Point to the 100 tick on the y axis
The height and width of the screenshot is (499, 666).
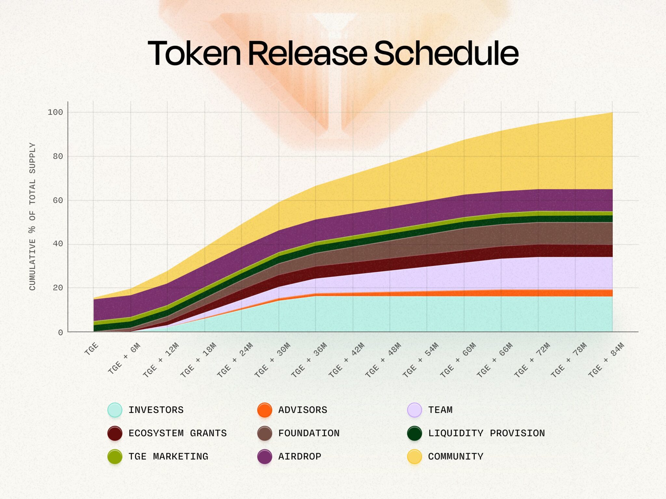(x=55, y=112)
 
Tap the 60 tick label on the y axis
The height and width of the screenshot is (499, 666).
(x=58, y=200)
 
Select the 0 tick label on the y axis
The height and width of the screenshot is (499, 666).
(x=60, y=333)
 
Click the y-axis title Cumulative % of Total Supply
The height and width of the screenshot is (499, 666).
(x=32, y=217)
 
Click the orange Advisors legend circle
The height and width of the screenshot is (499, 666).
(x=264, y=410)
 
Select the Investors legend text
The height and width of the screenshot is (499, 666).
(x=156, y=410)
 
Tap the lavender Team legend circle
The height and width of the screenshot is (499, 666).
(x=414, y=410)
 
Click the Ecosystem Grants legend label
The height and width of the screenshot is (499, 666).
(x=178, y=433)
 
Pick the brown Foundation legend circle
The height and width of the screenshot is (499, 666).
(x=264, y=433)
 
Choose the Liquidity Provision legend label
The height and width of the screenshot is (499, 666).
(x=486, y=433)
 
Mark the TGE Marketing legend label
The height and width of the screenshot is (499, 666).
(x=168, y=457)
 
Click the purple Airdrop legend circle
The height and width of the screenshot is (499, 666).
(x=264, y=457)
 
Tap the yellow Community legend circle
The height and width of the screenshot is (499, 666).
(x=414, y=457)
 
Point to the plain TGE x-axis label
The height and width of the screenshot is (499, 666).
(x=91, y=349)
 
